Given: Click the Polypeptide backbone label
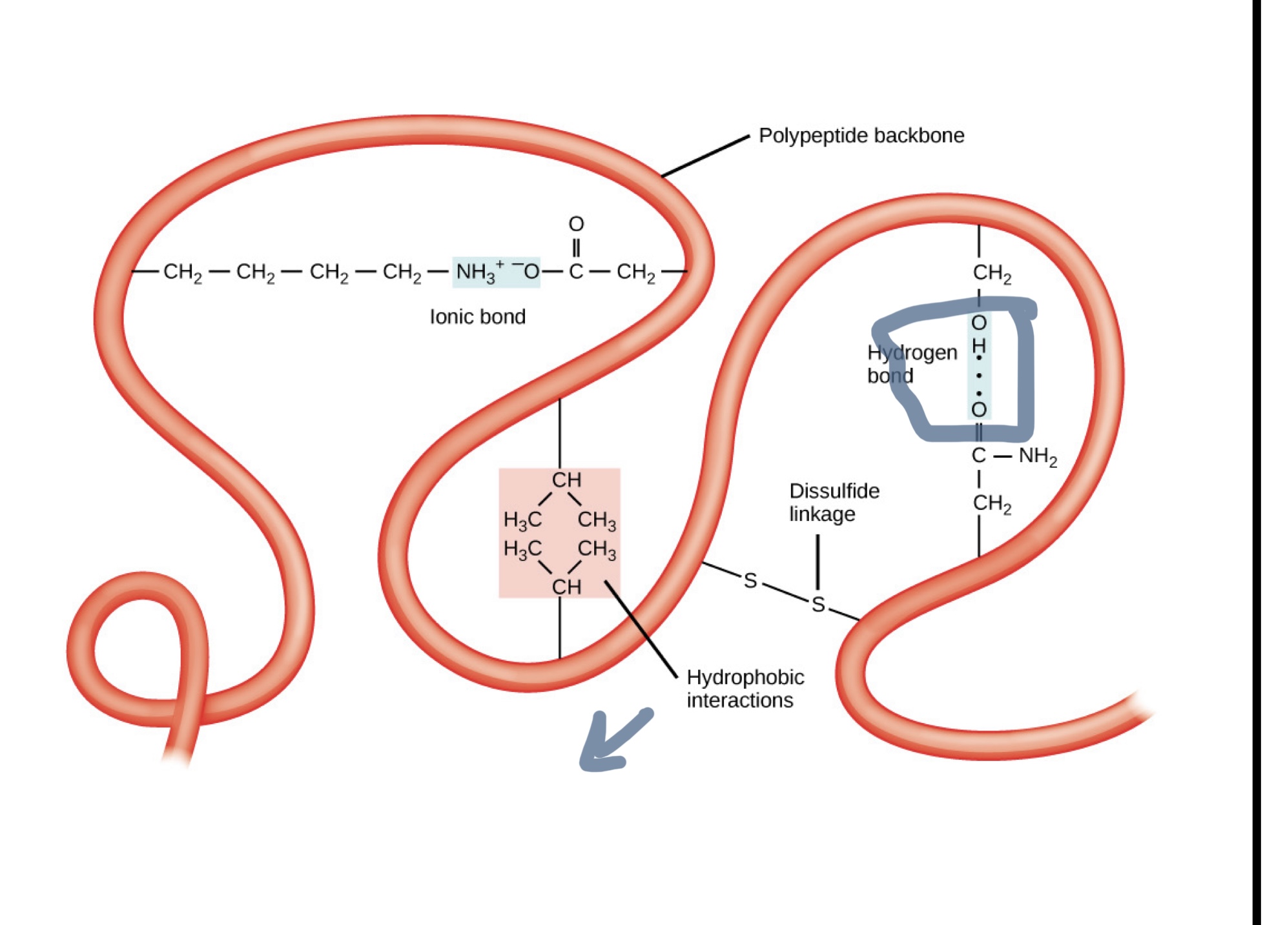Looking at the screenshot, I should [x=861, y=136].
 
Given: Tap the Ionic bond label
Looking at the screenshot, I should [x=477, y=316].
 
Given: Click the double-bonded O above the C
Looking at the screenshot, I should [x=576, y=224].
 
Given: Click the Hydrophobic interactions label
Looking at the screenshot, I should [x=745, y=688].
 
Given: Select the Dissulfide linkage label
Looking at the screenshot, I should [x=834, y=502].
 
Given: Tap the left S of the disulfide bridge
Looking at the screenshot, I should [x=750, y=581].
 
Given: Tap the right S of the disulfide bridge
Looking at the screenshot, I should [x=818, y=605].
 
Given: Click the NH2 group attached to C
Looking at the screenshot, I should [x=1037, y=456].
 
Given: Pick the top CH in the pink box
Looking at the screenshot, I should [x=566, y=480].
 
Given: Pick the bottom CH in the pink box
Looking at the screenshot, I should [x=566, y=587].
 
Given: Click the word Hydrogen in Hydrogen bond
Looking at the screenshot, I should [x=912, y=352].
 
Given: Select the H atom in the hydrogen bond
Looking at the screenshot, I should [x=979, y=347].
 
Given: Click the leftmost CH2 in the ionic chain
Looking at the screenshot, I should [x=182, y=272].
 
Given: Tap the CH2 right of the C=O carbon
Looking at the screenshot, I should [x=635, y=272].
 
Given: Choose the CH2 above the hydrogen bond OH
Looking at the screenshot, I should [x=992, y=273].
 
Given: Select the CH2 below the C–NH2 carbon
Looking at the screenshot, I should [x=992, y=503].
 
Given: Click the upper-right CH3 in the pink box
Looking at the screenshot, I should [x=597, y=520].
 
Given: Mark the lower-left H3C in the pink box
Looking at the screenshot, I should [x=522, y=549].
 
